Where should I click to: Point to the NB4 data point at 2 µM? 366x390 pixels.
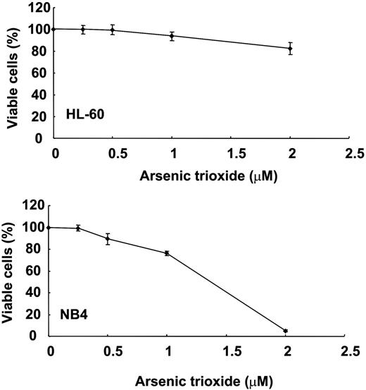point(286,331)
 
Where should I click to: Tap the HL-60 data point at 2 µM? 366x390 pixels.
point(289,49)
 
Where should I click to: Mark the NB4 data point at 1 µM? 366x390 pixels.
point(168,252)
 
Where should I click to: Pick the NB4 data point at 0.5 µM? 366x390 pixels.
point(108,238)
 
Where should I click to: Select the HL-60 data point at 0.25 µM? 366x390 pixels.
point(84,30)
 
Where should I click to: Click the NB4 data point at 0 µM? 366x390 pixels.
point(50,227)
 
